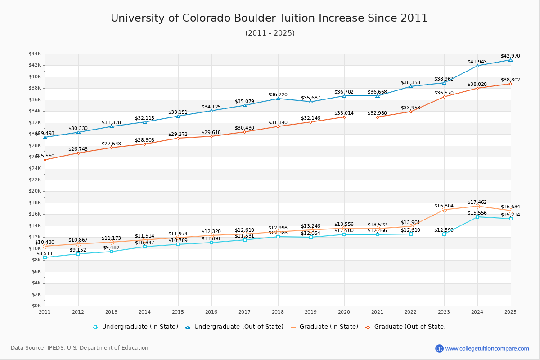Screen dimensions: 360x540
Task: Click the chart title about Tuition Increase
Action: [x=269, y=18]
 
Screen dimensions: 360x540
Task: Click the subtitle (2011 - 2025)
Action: [x=270, y=33]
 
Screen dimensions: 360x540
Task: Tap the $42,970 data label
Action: [x=510, y=56]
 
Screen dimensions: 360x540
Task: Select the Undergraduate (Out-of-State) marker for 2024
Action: [x=477, y=66]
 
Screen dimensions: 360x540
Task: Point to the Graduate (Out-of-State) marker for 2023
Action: [x=444, y=97]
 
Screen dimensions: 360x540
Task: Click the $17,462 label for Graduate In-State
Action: [x=477, y=202]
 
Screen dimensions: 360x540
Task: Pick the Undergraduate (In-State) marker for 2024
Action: [x=477, y=217]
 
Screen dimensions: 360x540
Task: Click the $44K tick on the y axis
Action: [x=35, y=54]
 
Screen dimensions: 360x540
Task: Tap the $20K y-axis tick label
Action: [x=35, y=191]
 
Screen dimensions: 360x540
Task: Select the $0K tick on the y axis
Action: [x=36, y=306]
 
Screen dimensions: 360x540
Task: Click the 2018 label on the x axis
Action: [x=278, y=312]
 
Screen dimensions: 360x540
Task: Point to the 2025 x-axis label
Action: [x=510, y=312]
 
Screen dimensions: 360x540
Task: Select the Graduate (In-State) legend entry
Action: [x=324, y=327]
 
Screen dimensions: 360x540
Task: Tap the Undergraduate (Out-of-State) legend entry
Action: [x=234, y=327]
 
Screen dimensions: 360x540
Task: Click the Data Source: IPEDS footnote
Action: [x=80, y=348]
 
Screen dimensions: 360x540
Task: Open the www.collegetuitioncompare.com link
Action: [x=487, y=348]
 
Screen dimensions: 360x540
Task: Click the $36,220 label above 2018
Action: [x=278, y=95]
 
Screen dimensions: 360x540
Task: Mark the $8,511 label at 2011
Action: [x=45, y=254]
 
